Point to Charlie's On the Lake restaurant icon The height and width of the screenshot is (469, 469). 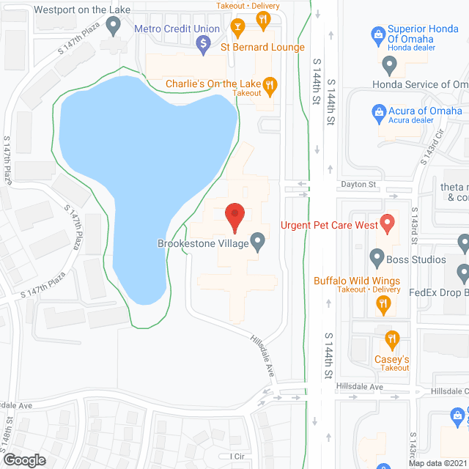pos(270,84)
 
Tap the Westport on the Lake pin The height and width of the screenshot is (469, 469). pos(113,27)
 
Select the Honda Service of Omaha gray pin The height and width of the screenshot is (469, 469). pos(390,67)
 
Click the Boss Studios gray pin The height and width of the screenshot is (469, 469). pos(377,258)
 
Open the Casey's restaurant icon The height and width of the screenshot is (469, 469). pos(392,339)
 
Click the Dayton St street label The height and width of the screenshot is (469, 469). pos(357,185)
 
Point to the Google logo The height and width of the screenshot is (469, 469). pos(23,459)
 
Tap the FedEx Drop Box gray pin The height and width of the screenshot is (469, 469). pos(463,275)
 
